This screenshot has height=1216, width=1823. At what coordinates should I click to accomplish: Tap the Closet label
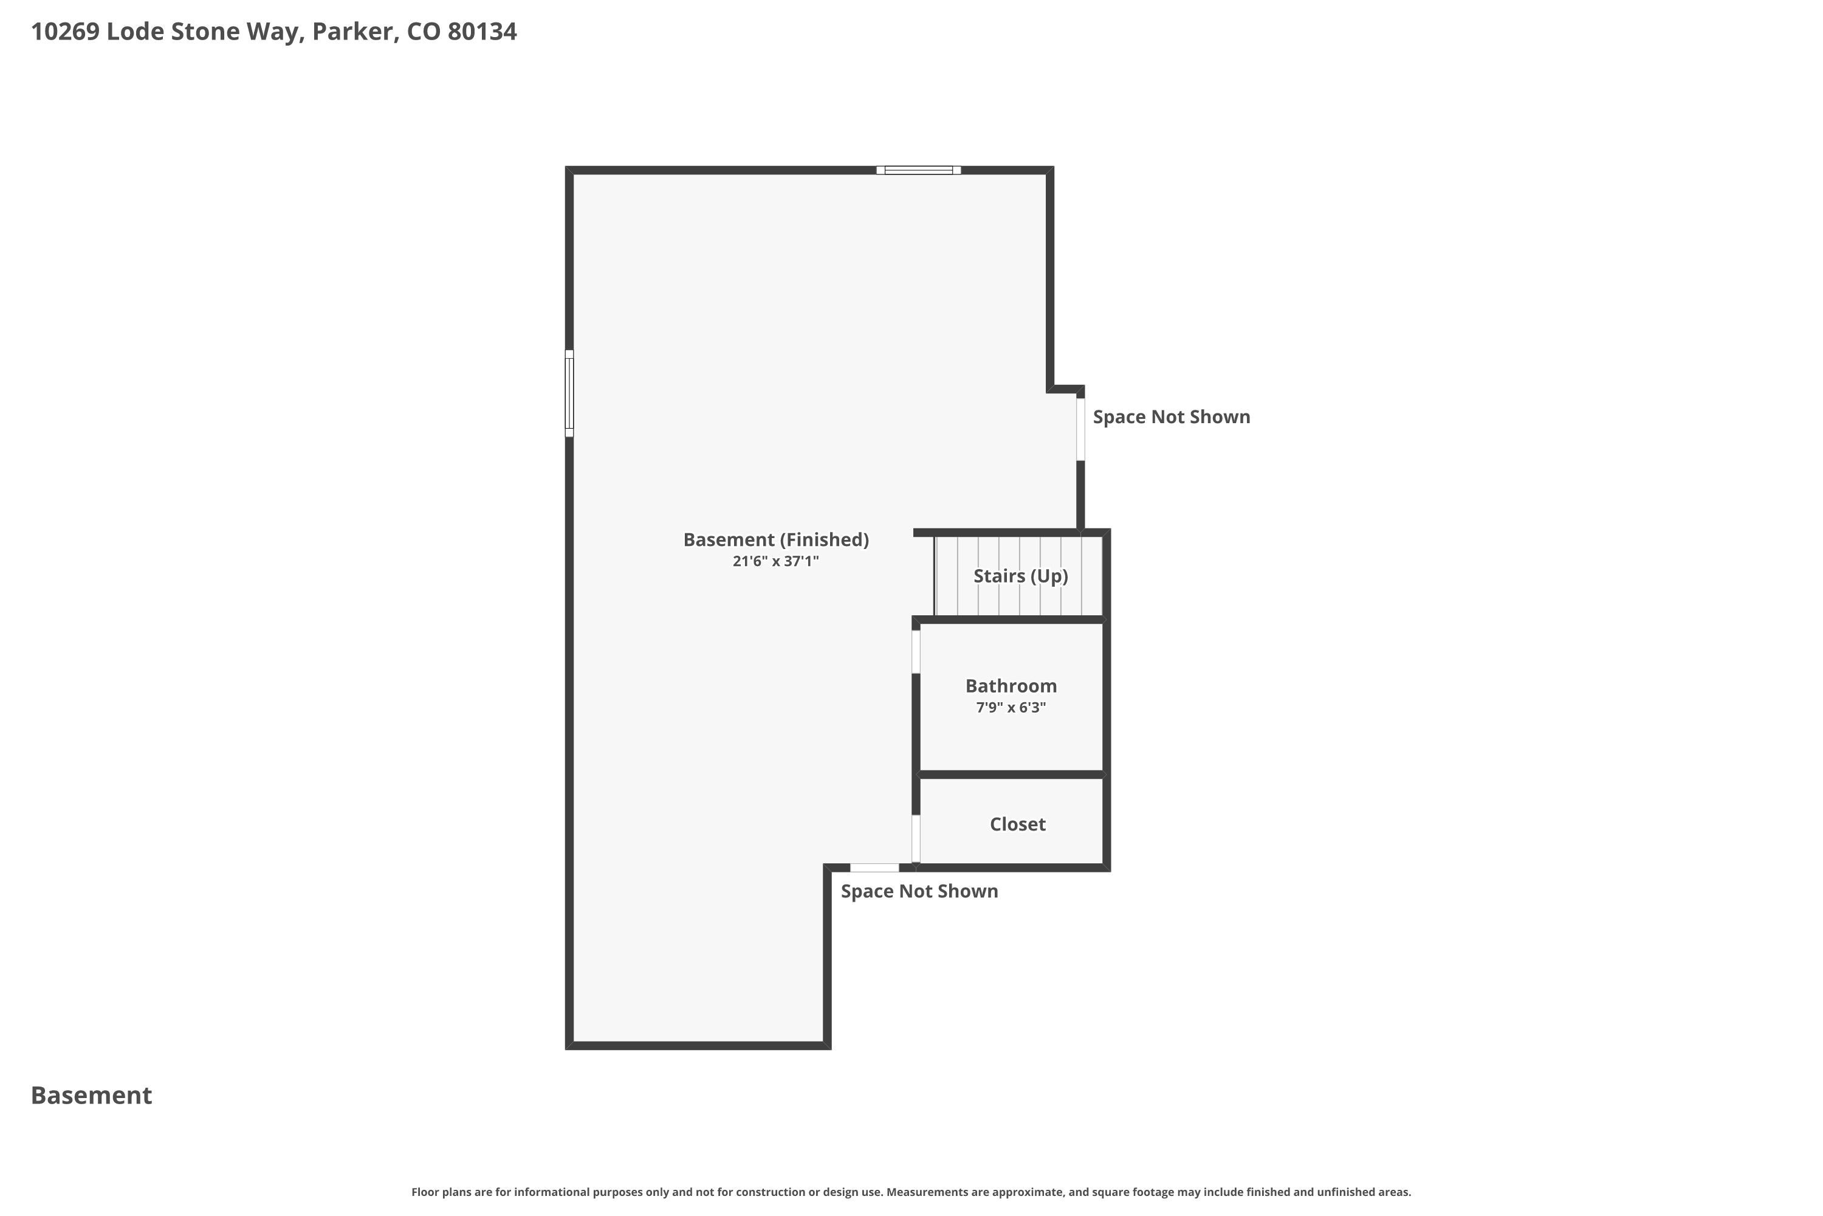pos(1018,824)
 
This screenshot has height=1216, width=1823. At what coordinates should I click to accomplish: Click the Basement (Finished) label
pos(776,540)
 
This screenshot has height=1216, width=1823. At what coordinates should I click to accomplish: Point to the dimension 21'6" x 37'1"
pos(776,561)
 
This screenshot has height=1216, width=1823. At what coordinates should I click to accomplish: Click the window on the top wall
pos(918,170)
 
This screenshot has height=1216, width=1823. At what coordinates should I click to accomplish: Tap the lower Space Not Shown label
pos(919,891)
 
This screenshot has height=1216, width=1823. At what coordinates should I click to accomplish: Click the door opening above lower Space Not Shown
pos(874,868)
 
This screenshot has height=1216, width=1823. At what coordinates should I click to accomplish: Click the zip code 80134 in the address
pos(482,32)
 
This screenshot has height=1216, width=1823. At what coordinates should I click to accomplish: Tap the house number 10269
pos(65,32)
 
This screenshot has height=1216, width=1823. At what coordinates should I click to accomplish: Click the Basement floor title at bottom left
pos(92,1095)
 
